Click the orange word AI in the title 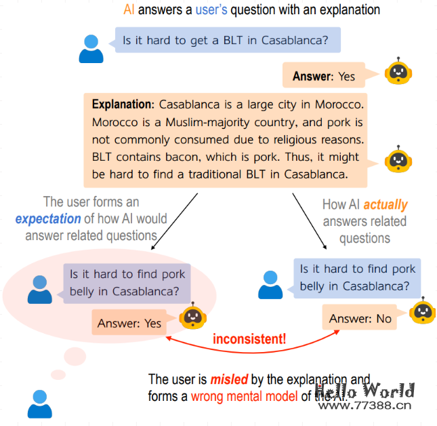(129, 10)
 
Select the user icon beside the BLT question (91, 47)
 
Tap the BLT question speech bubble (227, 40)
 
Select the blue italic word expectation (47, 218)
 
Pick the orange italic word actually (386, 204)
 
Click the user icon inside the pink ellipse (40, 288)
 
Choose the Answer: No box (360, 318)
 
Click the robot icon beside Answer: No (423, 311)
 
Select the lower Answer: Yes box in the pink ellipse (130, 323)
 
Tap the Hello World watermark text (365, 391)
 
